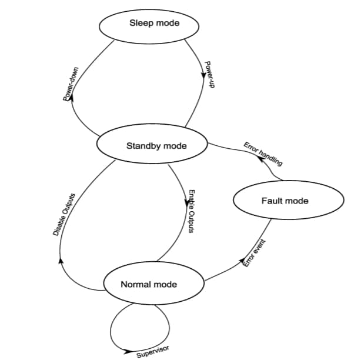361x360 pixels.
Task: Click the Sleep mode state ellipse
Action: click(154, 24)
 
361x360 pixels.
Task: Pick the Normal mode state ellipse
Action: click(148, 285)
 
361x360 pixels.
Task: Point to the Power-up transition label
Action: click(209, 75)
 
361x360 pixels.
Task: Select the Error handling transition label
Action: click(263, 154)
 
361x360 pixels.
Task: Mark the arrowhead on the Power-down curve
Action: click(71, 99)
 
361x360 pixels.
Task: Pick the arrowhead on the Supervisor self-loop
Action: click(128, 352)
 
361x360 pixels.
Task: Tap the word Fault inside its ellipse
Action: click(272, 201)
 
